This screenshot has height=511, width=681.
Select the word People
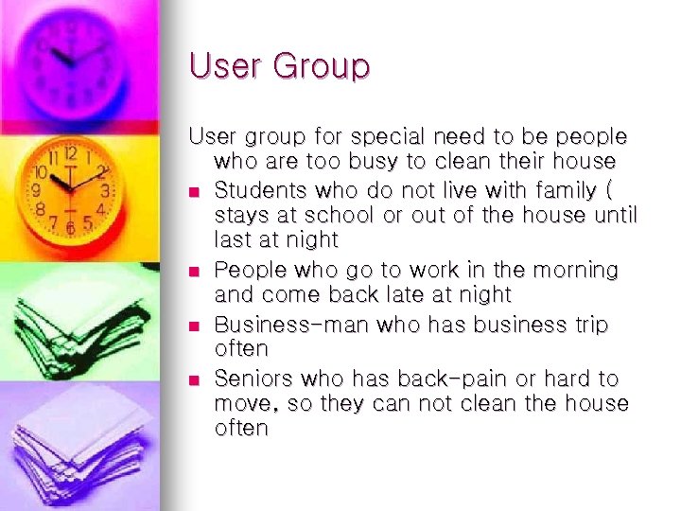(x=245, y=271)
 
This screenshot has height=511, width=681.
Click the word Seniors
(x=253, y=379)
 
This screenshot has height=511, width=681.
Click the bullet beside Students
(x=195, y=193)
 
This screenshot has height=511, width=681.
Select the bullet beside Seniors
(x=195, y=379)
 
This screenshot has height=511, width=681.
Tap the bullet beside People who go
(x=195, y=272)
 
